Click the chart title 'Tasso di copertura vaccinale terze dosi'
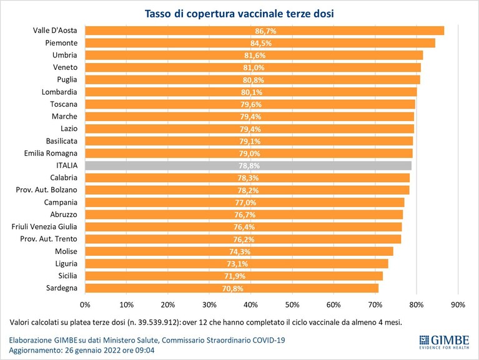pos(239,14)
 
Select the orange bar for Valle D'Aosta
pos(265,31)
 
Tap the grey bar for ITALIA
pos(249,166)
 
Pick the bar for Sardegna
pos(232,288)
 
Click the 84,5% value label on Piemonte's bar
pos(261,43)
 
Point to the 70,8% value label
pos(233,289)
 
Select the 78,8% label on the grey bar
pos(249,166)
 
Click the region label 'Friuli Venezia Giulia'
pos(44,226)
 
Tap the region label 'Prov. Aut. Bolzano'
pos(46,190)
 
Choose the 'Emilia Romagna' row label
pos(51,153)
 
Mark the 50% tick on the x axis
pos(292,304)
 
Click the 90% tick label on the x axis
pos(458,304)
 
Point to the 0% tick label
pos(85,304)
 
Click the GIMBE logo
pos(444,342)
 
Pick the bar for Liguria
pos(237,264)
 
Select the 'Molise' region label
pos(66,251)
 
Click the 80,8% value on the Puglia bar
pos(254,80)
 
